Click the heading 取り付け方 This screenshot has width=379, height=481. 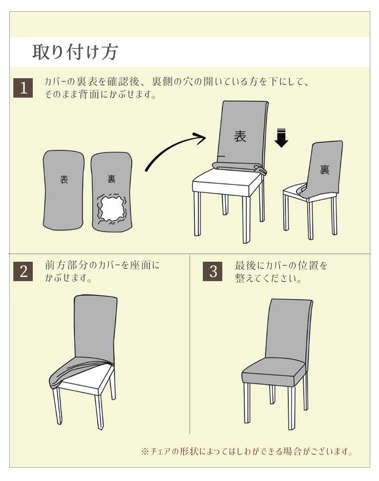pyautogui.click(x=75, y=52)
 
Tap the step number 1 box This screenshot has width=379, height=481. pyautogui.click(x=23, y=88)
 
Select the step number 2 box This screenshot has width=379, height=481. pyautogui.click(x=23, y=271)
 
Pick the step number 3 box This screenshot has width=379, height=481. pyautogui.click(x=213, y=271)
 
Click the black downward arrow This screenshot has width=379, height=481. pyautogui.click(x=281, y=139)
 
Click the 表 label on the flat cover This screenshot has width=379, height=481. pyautogui.click(x=64, y=179)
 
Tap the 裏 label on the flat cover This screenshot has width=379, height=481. pyautogui.click(x=111, y=179)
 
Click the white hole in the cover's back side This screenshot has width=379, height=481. pyautogui.click(x=112, y=209)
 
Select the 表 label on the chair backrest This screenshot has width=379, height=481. pyautogui.click(x=240, y=136)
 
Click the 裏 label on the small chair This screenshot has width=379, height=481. pyautogui.click(x=325, y=169)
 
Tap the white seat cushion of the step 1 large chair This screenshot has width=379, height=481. pyautogui.click(x=228, y=181)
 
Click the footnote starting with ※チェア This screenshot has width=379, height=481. pyautogui.click(x=247, y=451)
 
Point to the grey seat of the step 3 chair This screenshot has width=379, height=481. pyautogui.click(x=273, y=371)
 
